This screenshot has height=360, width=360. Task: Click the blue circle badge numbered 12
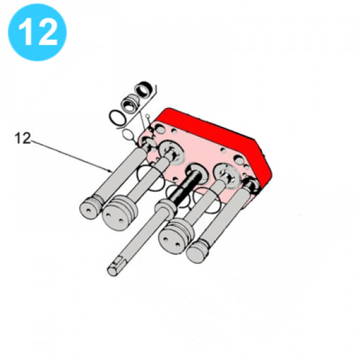click(x=37, y=32)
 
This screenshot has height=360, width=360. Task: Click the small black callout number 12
click(x=22, y=139)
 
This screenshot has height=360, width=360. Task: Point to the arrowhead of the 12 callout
click(x=111, y=171)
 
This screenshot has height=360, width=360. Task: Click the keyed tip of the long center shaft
click(x=115, y=268)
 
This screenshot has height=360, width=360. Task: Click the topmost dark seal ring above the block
click(x=143, y=89)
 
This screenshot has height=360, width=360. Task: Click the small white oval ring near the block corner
click(x=128, y=135)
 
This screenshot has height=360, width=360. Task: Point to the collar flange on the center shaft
click(x=166, y=205)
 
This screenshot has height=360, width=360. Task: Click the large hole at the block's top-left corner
click(x=160, y=130)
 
